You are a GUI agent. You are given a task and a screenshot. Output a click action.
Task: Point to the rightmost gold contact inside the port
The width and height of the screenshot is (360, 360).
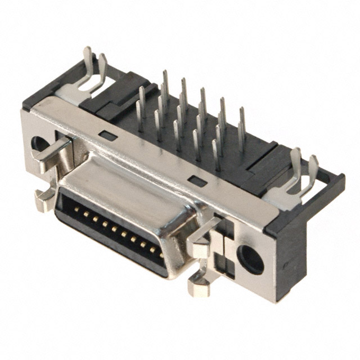coord(161,254)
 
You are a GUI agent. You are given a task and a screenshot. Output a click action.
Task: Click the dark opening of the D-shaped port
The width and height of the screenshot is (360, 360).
coord(112,236)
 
